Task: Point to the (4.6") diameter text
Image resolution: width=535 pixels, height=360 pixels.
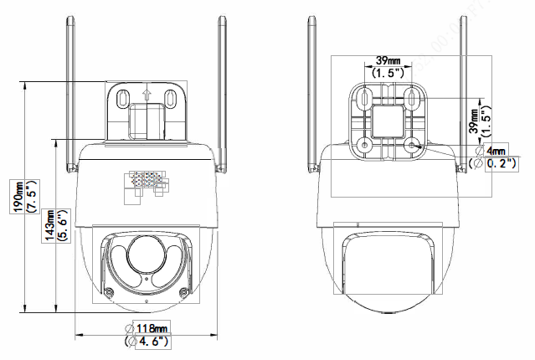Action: coord(148,341)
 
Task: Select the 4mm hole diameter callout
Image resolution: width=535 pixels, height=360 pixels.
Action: coord(491,151)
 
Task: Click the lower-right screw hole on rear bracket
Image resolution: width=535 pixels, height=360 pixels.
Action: coord(412,145)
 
